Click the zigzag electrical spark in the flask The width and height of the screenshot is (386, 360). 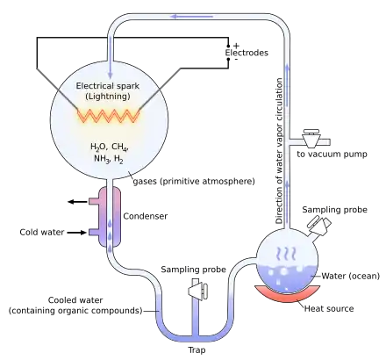109,116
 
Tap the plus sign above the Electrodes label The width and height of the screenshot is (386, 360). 236,46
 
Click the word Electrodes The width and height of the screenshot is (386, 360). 247,53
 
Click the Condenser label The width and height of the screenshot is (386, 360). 146,216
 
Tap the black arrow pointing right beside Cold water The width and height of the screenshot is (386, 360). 77,233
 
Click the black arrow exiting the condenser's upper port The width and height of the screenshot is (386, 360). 77,202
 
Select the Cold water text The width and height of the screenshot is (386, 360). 42,232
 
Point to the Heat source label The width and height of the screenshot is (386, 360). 329,308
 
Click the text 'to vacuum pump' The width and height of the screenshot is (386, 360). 332,154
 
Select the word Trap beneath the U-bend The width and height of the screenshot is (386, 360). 197,350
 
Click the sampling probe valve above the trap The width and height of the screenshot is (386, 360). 197,291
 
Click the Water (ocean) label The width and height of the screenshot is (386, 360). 351,276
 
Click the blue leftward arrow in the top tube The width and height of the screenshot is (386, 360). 191,17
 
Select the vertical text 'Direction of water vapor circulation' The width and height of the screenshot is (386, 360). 279,151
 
